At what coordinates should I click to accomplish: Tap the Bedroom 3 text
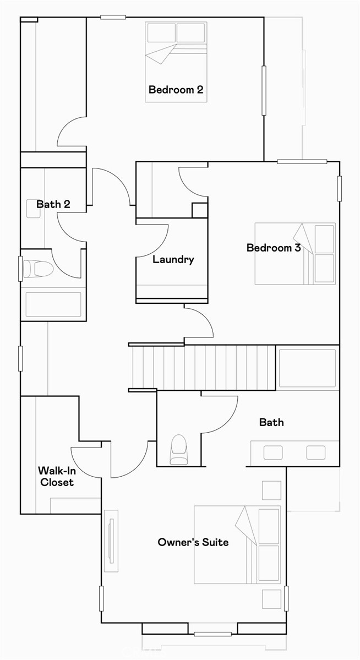(x=274, y=248)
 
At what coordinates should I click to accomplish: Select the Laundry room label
(x=173, y=259)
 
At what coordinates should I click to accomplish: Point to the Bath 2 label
(x=53, y=204)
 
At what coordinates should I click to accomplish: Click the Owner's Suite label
(x=193, y=542)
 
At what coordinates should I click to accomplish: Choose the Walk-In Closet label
(x=56, y=477)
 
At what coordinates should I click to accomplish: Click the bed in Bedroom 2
(x=176, y=61)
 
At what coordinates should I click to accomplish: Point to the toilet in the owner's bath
(x=179, y=449)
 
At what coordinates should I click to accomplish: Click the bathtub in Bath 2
(x=53, y=304)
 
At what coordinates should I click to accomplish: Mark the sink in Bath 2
(x=34, y=208)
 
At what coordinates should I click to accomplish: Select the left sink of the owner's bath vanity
(x=273, y=452)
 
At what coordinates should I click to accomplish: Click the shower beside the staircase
(x=307, y=368)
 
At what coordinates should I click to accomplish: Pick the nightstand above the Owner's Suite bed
(x=271, y=490)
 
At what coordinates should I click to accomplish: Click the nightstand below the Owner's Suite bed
(x=271, y=598)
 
